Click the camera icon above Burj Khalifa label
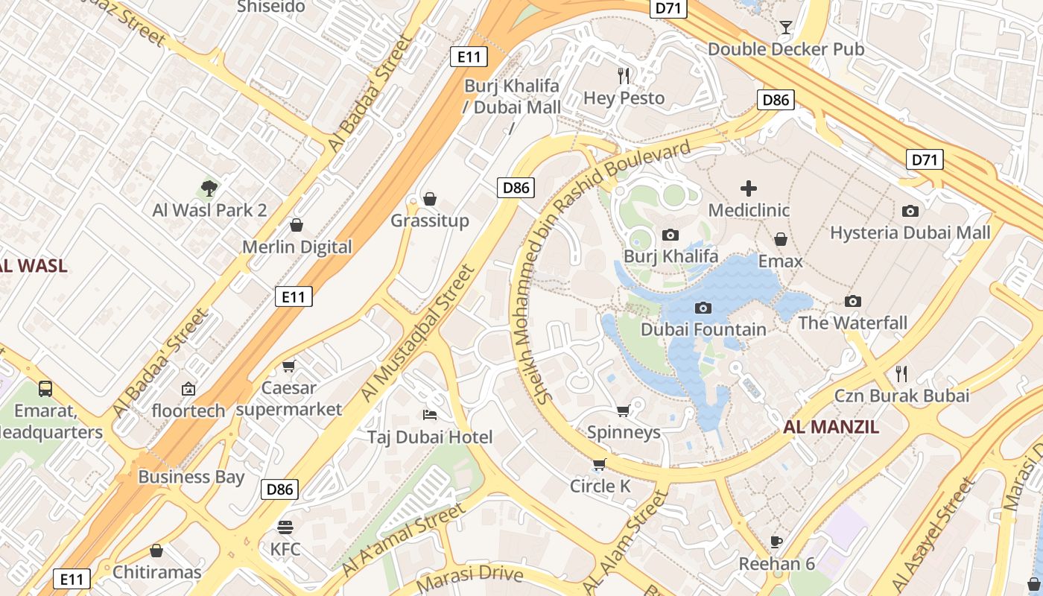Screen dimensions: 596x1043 pyautogui.click(x=670, y=235)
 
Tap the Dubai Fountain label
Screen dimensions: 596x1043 pyautogui.click(x=703, y=329)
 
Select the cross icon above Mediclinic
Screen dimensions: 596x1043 pyautogui.click(x=749, y=188)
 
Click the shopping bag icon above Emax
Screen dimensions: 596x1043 pyautogui.click(x=781, y=239)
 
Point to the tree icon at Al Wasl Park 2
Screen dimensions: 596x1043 pyautogui.click(x=209, y=188)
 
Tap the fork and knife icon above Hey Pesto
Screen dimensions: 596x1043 pyautogui.click(x=624, y=75)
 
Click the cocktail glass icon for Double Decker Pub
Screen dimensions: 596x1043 pyautogui.click(x=785, y=28)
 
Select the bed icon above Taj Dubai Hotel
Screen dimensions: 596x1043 pyautogui.click(x=430, y=414)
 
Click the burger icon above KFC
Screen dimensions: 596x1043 pyautogui.click(x=285, y=527)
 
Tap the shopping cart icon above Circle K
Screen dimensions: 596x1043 pyautogui.click(x=599, y=465)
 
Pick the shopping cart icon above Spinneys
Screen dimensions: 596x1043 pyautogui.click(x=624, y=410)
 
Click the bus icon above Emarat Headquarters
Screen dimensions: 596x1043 pyautogui.click(x=45, y=388)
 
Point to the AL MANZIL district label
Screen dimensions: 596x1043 pyautogui.click(x=831, y=427)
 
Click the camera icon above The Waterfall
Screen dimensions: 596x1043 pyautogui.click(x=853, y=301)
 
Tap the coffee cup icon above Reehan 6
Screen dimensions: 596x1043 pyautogui.click(x=776, y=542)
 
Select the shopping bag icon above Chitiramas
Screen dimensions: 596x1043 pyautogui.click(x=156, y=551)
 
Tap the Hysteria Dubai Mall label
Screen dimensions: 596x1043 pyautogui.click(x=910, y=232)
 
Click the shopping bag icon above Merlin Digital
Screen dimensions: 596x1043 pyautogui.click(x=297, y=225)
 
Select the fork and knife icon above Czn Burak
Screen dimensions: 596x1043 pyautogui.click(x=901, y=372)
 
